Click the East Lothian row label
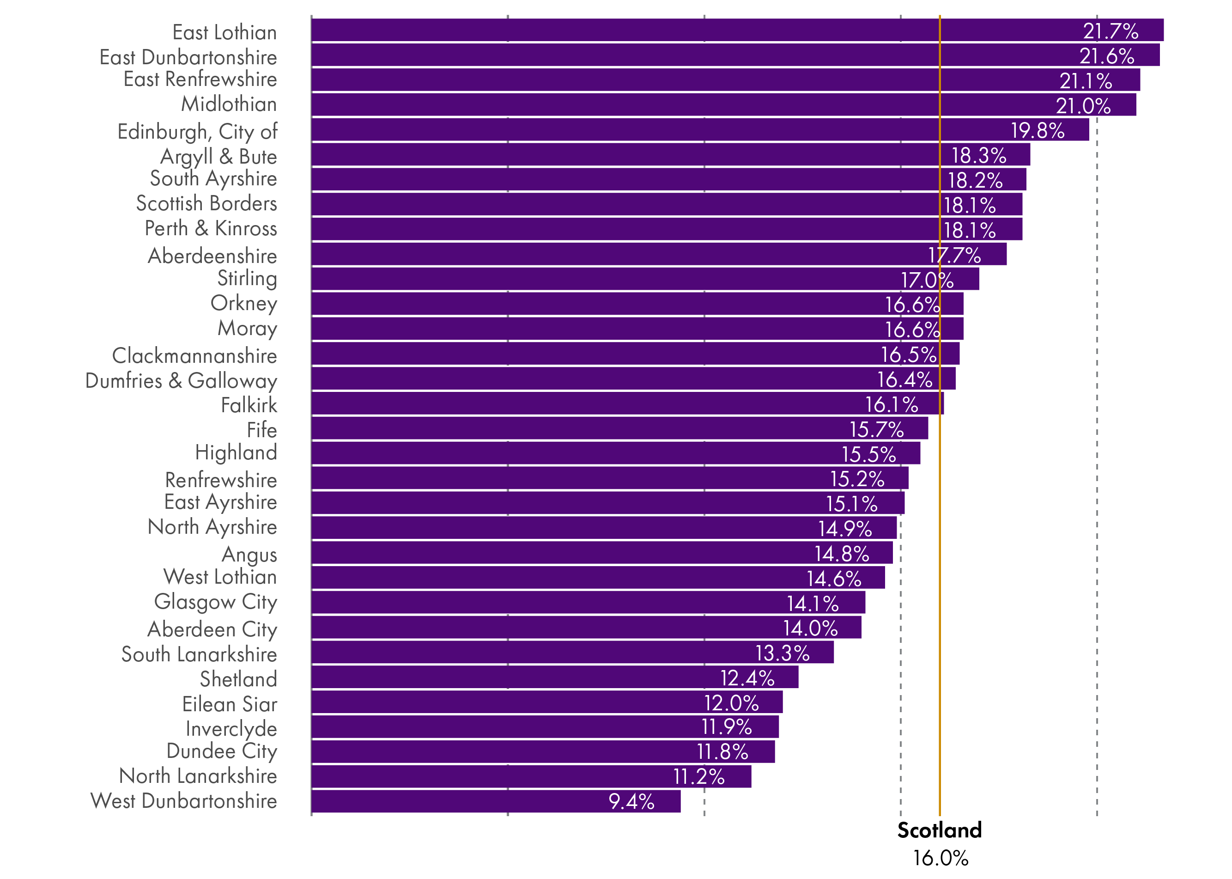click(x=225, y=32)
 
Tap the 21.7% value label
click(x=1110, y=31)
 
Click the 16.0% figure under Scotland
click(x=941, y=858)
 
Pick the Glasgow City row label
click(x=215, y=602)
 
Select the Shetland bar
click(x=555, y=677)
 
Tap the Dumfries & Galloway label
click(x=181, y=380)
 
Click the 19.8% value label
click(x=1037, y=130)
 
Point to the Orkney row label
click(x=243, y=303)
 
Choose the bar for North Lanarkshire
click(x=531, y=776)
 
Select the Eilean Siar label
click(x=230, y=704)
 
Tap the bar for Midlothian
click(x=723, y=105)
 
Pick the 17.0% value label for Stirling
click(x=927, y=281)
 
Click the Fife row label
click(x=262, y=430)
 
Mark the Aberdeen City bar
click(x=586, y=627)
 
